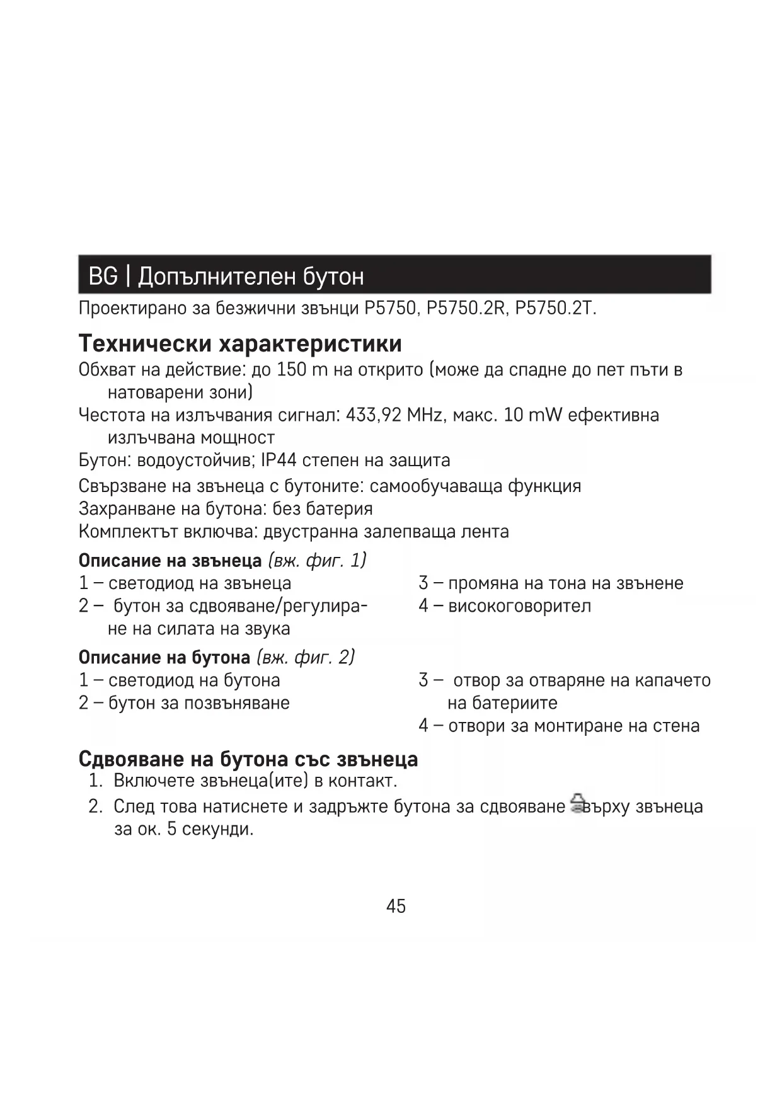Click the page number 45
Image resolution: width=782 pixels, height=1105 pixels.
click(x=396, y=906)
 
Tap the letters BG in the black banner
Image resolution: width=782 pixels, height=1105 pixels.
click(x=103, y=276)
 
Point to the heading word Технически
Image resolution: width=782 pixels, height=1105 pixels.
click(x=145, y=343)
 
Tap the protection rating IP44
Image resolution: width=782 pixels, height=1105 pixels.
click(x=279, y=460)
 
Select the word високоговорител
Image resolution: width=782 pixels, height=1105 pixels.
click(x=520, y=606)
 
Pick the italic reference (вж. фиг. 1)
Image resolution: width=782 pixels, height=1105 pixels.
click(x=317, y=560)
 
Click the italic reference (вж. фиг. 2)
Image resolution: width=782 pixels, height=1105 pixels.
click(x=306, y=657)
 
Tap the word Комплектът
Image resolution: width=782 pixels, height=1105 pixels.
click(x=128, y=532)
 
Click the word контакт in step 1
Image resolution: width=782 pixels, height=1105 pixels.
click(x=362, y=781)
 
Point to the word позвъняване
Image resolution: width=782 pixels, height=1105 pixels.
click(x=236, y=703)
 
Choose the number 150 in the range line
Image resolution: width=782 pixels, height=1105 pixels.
click(x=291, y=370)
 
